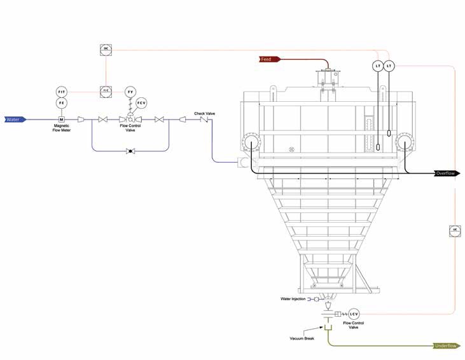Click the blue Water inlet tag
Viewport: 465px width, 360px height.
(15, 120)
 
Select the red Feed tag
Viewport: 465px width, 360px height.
(267, 59)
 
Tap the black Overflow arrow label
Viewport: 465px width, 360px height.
(446, 173)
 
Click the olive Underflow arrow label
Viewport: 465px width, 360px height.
(446, 346)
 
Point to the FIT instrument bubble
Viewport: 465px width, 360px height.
(62, 92)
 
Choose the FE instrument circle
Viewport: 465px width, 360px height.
(62, 103)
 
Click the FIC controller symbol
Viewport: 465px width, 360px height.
(106, 92)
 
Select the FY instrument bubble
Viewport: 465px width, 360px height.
(130, 92)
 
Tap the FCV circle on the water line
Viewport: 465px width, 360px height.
(142, 103)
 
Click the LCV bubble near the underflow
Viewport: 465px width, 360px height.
(354, 314)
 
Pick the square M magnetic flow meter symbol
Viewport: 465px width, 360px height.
(62, 120)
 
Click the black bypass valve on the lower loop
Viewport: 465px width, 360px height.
(130, 151)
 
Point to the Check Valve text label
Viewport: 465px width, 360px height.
(205, 113)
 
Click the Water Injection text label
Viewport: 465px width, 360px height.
(293, 299)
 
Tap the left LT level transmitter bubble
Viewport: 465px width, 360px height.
(378, 66)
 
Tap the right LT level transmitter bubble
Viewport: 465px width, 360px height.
(389, 66)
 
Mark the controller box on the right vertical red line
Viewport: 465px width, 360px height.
(454, 230)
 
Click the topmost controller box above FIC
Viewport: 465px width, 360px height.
(106, 49)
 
